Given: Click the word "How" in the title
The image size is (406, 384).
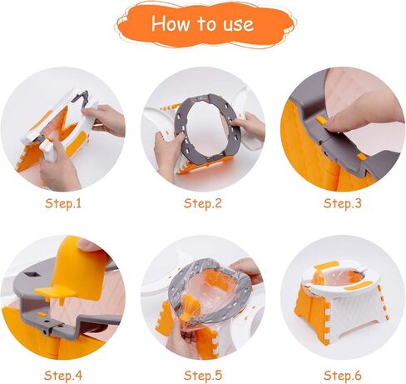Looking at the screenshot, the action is coord(171,23).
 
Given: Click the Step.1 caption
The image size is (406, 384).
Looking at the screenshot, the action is coord(63,203).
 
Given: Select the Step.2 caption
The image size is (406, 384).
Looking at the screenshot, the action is coord(203,203).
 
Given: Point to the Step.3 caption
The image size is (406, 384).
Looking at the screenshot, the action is coord(343,203).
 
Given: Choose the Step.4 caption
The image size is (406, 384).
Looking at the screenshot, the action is coord(63,376).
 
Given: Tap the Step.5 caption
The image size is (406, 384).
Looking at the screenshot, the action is coord(203,376).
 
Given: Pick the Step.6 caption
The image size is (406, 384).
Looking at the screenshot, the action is coord(343,376).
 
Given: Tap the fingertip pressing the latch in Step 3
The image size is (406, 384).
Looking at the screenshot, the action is coord(337,123).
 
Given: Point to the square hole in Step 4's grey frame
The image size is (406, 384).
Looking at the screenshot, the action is coord(32,275).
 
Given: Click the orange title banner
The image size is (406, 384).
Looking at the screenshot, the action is coord(205,24).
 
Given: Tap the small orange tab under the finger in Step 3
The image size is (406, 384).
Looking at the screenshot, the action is coord(322,120).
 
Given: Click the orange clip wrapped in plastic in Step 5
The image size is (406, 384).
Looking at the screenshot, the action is coord(191,307).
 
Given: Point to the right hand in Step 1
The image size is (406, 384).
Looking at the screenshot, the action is coord(106,120).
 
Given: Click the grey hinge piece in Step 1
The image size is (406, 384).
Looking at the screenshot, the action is coord(81,97).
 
